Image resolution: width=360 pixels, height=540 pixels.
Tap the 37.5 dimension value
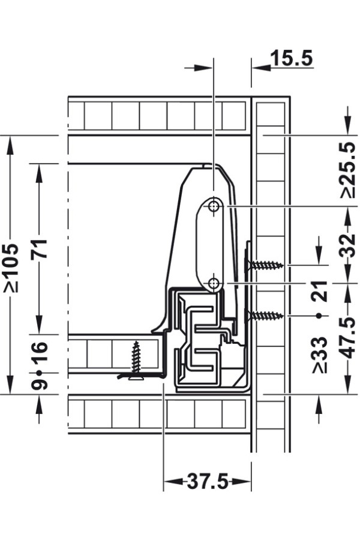[208, 481]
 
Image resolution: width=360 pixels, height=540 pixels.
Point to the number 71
[39, 248]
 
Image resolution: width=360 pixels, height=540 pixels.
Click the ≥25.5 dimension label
[347, 170]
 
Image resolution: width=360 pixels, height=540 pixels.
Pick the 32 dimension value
[347, 245]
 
